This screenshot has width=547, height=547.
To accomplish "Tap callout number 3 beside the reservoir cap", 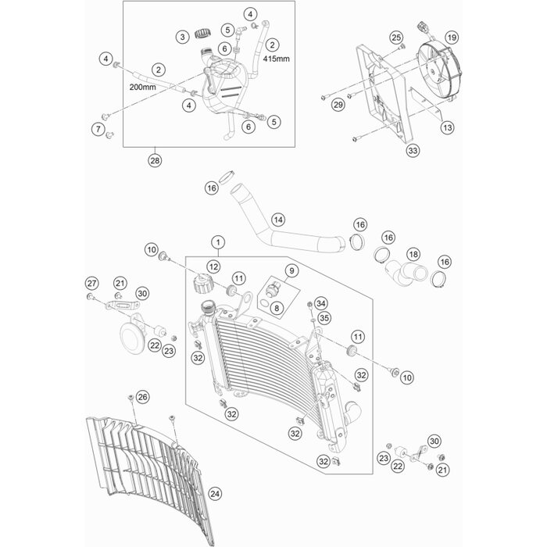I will point(181,37).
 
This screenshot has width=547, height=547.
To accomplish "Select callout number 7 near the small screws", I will point(98,128).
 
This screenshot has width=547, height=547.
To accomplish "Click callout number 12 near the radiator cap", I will point(213,267).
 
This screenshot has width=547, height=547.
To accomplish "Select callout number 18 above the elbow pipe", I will point(414,255).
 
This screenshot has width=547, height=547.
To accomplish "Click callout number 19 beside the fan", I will point(452,37).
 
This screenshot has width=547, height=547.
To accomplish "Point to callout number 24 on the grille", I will point(215,493).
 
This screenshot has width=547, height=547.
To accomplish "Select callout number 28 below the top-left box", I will point(156,161).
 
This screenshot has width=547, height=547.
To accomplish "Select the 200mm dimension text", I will point(144,88).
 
